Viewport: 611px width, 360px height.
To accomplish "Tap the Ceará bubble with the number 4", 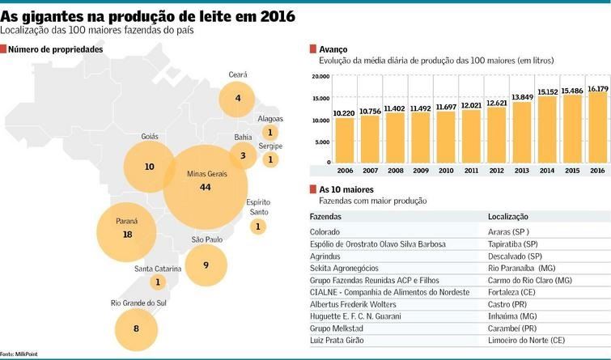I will [237, 98].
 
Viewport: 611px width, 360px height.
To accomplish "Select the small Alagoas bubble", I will [270, 132].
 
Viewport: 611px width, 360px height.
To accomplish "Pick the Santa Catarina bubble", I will [157, 282].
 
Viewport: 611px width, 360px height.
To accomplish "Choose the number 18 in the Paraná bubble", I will [127, 235].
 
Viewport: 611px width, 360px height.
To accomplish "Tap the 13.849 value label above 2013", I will [522, 97].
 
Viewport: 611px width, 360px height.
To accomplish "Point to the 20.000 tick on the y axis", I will [320, 77].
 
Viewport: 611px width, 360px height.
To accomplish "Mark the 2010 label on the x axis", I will [446, 172].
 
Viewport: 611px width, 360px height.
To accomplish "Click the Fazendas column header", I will [325, 217].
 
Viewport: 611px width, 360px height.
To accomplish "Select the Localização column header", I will [508, 217].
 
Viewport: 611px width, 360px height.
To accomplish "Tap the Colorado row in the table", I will [325, 231].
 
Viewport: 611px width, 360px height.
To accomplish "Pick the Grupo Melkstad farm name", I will [337, 328].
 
